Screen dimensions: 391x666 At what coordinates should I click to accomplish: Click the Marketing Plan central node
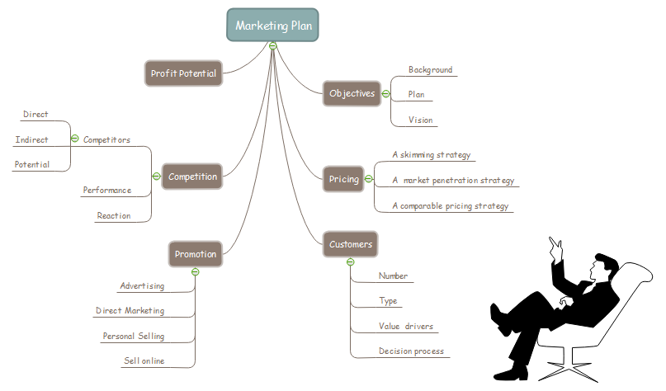[x=272, y=25]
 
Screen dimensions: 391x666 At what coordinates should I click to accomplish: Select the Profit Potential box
[x=183, y=73]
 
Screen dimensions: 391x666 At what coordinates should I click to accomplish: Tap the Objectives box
[x=352, y=93]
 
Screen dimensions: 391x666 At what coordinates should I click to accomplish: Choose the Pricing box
[x=344, y=179]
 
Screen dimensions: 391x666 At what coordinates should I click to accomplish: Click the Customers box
[x=351, y=244]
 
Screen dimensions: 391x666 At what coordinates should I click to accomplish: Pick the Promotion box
[x=196, y=254]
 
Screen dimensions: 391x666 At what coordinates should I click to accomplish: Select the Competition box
[x=192, y=177]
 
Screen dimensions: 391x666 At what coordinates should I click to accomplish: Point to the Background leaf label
[x=430, y=70]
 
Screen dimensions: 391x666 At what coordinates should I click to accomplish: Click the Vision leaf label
[x=420, y=120]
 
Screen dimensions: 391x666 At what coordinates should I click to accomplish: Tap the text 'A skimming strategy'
[x=432, y=154]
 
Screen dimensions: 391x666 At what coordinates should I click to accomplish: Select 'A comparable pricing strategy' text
[x=450, y=205]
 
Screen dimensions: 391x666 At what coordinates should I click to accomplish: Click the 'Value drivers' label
[x=405, y=327]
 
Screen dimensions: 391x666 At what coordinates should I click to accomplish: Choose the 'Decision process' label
[x=411, y=351]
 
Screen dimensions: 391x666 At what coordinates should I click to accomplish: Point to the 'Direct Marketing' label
[x=130, y=311]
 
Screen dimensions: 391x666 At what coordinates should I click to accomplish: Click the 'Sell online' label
[x=144, y=361]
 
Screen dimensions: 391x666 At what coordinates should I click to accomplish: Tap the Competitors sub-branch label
[x=106, y=140]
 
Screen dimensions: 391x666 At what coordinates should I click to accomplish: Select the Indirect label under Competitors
[x=31, y=140]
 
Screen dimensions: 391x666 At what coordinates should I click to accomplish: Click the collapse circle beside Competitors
[x=75, y=139]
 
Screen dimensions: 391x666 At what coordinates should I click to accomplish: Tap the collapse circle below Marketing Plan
[x=272, y=45]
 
